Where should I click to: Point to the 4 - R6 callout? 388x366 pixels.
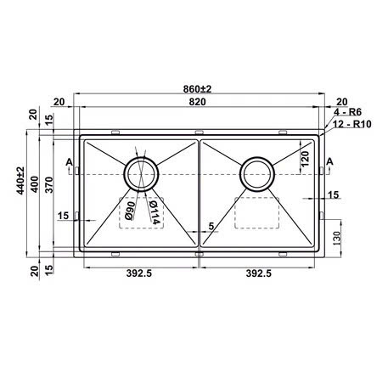point(348,112)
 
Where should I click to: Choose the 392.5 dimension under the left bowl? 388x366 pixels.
point(139,273)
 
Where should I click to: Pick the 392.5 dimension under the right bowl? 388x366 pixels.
point(261,273)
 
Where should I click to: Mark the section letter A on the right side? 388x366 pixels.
point(329,161)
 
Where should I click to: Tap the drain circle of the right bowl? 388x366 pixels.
point(256,173)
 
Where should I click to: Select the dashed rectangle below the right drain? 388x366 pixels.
point(256,211)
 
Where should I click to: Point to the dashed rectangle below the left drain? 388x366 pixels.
point(141,212)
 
